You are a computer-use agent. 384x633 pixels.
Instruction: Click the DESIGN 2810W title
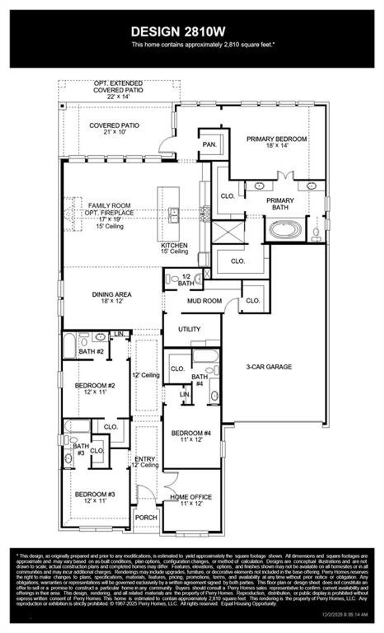178,32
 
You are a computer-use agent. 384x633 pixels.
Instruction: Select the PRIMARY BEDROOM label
276,139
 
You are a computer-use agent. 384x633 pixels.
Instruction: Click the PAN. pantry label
209,145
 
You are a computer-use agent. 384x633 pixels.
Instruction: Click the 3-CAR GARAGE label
269,367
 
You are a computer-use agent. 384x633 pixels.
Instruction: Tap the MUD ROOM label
204,301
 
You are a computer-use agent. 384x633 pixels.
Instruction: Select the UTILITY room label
189,329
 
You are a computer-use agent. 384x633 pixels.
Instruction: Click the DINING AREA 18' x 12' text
112,298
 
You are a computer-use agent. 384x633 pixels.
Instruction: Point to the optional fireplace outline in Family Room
72,214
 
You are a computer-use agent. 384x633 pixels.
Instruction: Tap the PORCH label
146,517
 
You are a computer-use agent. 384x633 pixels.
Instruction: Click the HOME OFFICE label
191,497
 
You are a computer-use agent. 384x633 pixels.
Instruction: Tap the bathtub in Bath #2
69,346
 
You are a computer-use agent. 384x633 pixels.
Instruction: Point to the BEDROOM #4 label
191,433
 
